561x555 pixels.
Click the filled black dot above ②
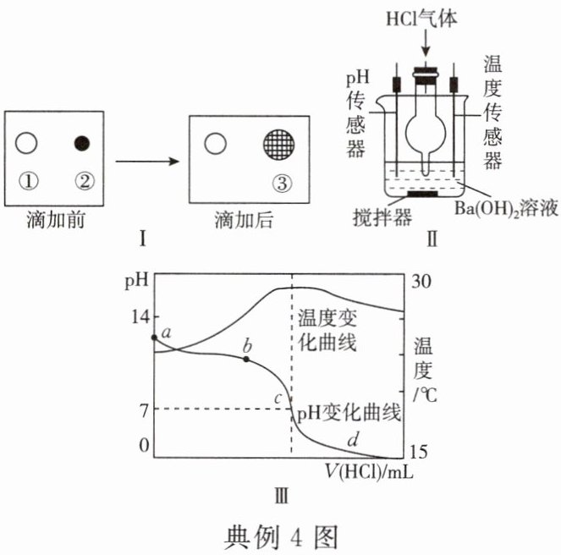82,142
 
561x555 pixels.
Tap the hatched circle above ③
281,143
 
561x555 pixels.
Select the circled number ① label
27,179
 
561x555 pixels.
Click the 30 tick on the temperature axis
422,284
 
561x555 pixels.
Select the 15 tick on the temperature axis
422,449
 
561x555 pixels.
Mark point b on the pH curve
246,359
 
